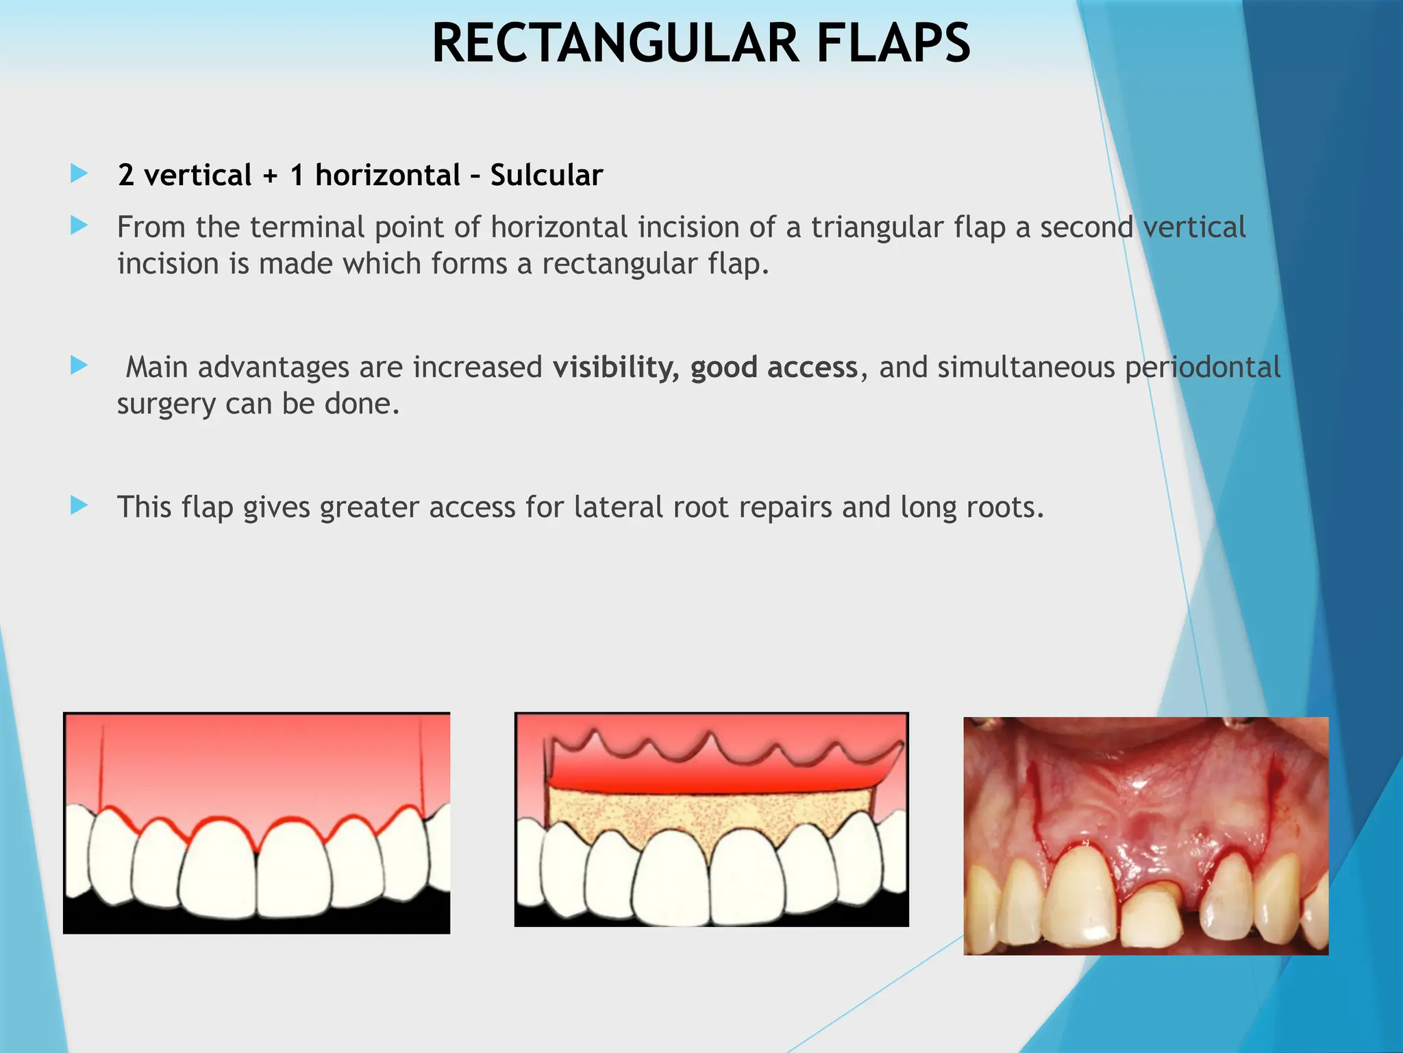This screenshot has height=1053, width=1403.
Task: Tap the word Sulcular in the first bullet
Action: [x=546, y=175]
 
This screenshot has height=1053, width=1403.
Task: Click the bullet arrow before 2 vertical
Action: [x=79, y=173]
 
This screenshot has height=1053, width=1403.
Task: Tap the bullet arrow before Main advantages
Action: [x=79, y=365]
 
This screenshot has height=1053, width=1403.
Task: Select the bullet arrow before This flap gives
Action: [x=79, y=506]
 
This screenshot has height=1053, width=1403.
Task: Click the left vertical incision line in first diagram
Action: [x=101, y=768]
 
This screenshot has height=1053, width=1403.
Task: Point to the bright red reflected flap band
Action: [x=712, y=779]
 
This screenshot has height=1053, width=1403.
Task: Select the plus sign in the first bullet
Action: [x=271, y=176]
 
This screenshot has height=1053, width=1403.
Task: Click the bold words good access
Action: [x=774, y=367]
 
